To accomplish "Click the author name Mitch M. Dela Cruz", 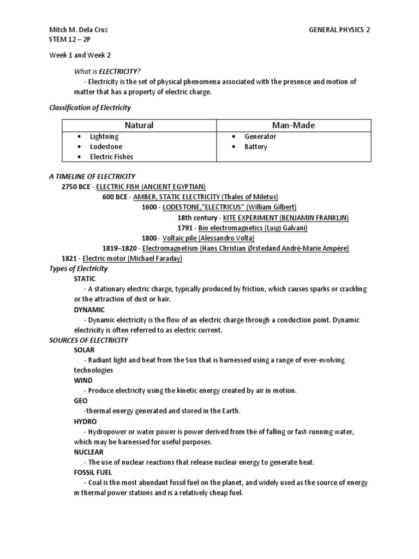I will point(79,30).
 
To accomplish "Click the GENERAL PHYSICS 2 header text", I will point(339,30).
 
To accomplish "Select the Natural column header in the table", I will point(139,125).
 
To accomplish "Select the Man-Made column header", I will point(294,125).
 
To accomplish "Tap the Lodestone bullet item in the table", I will point(106,147).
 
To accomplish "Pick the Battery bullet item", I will point(256,147).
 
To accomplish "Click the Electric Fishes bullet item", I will point(111,157).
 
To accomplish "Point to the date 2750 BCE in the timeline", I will point(76,187).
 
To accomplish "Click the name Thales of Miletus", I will point(251,197).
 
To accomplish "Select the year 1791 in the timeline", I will point(185,228).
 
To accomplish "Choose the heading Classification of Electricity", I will point(90,108).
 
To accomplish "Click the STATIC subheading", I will point(85,279).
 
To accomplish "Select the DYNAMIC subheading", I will point(89,310).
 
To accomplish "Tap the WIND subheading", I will point(83,380).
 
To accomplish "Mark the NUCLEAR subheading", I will point(88,452).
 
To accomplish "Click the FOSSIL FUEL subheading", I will point(93,473).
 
